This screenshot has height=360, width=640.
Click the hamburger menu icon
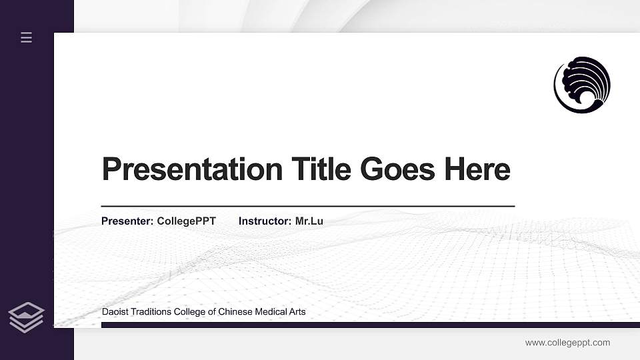[27, 38]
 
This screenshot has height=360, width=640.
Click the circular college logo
[582, 85]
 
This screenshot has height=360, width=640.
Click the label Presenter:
[127, 221]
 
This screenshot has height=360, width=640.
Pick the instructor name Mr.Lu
[309, 221]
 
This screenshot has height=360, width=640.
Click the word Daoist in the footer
[115, 312]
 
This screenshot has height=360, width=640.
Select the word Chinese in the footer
[235, 312]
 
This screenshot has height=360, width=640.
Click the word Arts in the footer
[297, 312]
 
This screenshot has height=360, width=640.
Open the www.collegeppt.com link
[567, 343]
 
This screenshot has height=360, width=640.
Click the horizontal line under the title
[308, 207]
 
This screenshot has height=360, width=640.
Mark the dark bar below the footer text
[367, 325]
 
